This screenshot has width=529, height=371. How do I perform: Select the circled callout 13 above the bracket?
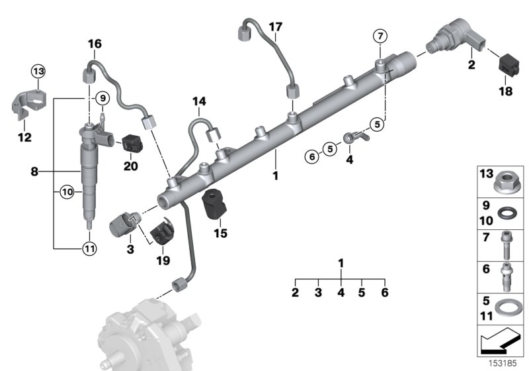38,71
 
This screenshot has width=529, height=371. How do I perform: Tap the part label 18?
505,91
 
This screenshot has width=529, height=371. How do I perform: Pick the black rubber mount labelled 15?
214,200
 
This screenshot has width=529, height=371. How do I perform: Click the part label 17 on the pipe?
275,26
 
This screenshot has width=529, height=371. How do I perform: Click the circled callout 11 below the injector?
88,249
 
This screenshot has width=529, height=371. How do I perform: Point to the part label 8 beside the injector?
34,171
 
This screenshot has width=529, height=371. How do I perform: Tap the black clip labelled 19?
162,233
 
